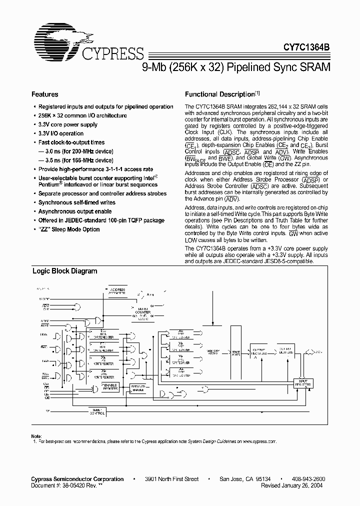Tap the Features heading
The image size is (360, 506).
coord(44,94)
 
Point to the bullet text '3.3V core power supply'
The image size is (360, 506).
coord(68,124)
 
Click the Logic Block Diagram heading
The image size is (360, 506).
coord(64,271)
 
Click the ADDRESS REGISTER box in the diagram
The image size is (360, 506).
coord(118,291)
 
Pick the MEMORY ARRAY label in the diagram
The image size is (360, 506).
coord(212,353)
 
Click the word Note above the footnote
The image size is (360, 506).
coord(36,436)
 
